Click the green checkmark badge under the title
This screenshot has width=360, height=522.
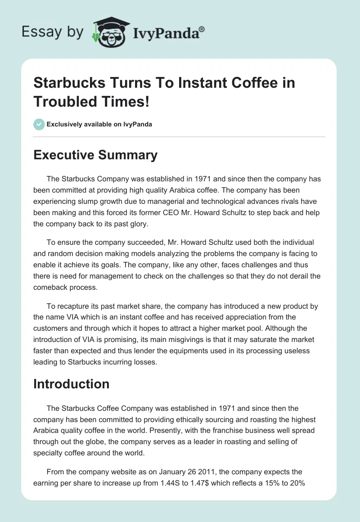pyautogui.click(x=39, y=124)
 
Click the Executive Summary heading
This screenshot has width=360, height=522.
pyautogui.click(x=95, y=155)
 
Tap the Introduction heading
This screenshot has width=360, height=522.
pyautogui.click(x=72, y=384)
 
